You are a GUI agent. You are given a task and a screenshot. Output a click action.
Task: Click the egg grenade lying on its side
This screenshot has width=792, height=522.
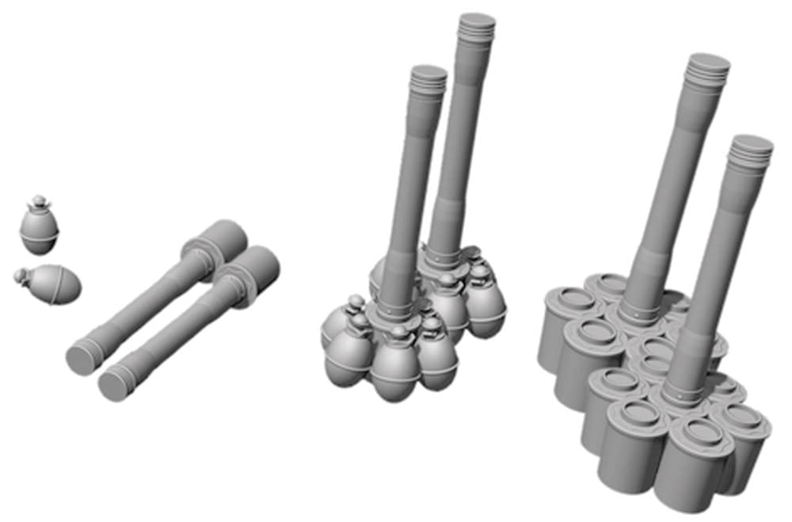pyautogui.click(x=53, y=284)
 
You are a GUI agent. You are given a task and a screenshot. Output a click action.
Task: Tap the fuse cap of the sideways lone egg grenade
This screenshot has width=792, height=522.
pyautogui.click(x=21, y=275)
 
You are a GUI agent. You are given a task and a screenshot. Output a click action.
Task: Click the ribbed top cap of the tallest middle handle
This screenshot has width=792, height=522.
pyautogui.click(x=477, y=24)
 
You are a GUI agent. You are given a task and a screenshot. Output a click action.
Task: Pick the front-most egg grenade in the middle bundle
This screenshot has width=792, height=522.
pyautogui.click(x=394, y=366)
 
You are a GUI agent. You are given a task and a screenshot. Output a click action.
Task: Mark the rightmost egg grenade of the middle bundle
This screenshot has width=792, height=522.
pyautogui.click(x=485, y=305)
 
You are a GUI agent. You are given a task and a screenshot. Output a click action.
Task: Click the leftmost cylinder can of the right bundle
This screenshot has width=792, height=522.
pyautogui.click(x=559, y=325)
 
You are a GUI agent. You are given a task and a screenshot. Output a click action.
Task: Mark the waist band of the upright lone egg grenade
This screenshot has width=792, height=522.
pyautogui.click(x=39, y=235)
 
